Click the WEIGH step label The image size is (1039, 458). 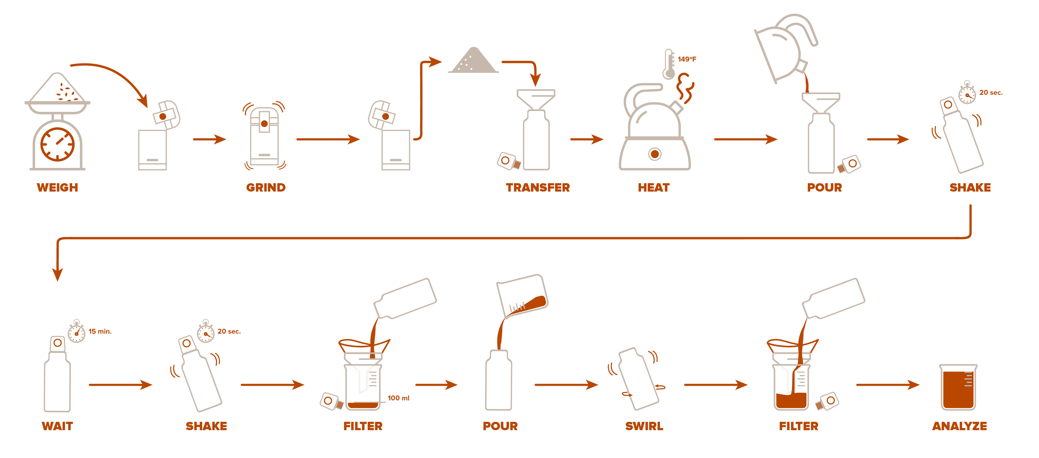click(57, 187)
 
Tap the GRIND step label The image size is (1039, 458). click(266, 187)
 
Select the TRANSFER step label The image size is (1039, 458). click(538, 187)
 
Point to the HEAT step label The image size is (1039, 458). click(653, 187)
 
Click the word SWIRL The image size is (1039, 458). click(644, 426)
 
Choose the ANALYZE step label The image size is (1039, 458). click(959, 426)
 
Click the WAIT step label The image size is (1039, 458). click(57, 426)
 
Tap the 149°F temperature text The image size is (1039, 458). click(687, 59)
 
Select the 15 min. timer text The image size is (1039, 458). click(100, 331)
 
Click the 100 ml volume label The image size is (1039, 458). click(398, 398)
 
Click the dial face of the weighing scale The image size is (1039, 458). click(58, 144)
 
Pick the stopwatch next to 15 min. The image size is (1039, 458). click(77, 333)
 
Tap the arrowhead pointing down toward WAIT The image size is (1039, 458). click(58, 274)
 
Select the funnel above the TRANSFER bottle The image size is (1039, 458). click(536, 98)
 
